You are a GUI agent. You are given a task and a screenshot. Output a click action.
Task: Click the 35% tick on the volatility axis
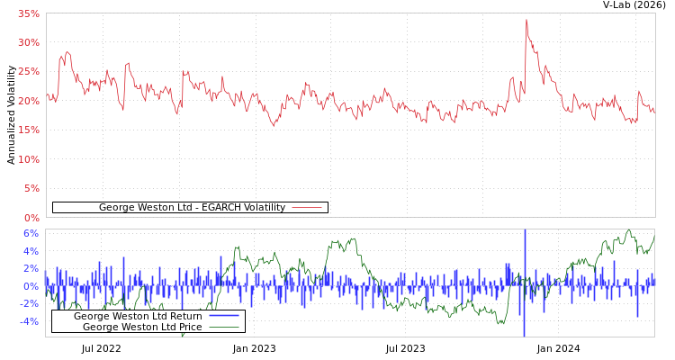(x=28, y=14)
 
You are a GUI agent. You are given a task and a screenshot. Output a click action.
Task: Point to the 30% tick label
(x=28, y=43)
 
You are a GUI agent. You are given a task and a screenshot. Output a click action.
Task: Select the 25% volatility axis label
(x=28, y=72)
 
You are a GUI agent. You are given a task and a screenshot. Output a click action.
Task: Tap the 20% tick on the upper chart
(x=28, y=101)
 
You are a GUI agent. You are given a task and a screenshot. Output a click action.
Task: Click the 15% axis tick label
(x=28, y=130)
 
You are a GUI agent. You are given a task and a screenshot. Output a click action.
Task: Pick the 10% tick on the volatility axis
(x=28, y=159)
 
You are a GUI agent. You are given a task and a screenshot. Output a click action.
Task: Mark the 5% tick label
(x=31, y=188)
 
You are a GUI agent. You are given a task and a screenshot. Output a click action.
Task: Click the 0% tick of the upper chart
(x=31, y=218)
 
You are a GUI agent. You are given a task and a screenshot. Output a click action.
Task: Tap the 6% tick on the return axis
(x=31, y=233)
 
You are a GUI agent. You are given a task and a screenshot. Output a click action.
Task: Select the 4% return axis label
(x=31, y=251)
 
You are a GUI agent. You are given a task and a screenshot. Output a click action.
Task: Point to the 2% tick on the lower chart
(x=31, y=268)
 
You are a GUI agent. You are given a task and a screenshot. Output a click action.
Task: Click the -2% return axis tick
(x=29, y=303)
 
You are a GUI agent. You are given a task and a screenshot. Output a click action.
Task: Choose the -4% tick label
(x=29, y=321)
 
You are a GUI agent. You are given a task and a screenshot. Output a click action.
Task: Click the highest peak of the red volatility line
(x=526, y=20)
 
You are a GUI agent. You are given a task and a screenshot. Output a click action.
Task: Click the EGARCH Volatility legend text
(x=192, y=208)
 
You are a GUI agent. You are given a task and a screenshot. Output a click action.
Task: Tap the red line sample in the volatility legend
(x=307, y=208)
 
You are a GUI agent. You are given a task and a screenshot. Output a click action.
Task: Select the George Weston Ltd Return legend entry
(x=138, y=316)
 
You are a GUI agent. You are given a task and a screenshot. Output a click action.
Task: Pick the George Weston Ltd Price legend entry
(x=142, y=327)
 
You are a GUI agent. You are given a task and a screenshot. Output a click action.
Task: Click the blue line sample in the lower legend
(x=224, y=316)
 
